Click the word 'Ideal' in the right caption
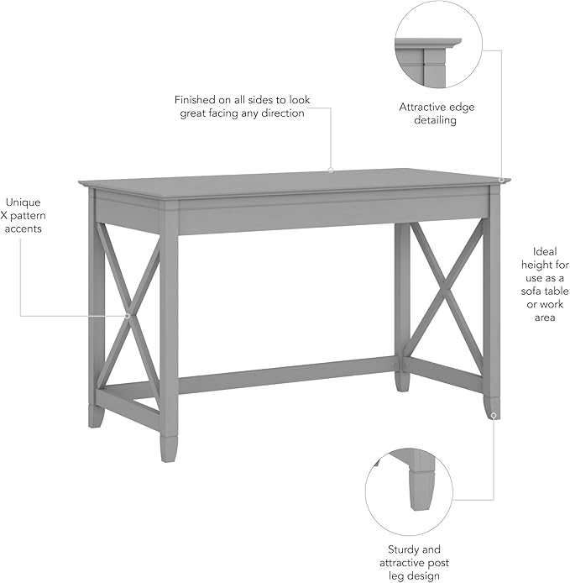pos(545,251)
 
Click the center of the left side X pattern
pos(128,316)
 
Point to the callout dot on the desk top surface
pos(331,170)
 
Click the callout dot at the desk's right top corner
pos(501,179)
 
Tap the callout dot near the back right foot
pos(494,415)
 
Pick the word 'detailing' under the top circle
pos(428,121)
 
